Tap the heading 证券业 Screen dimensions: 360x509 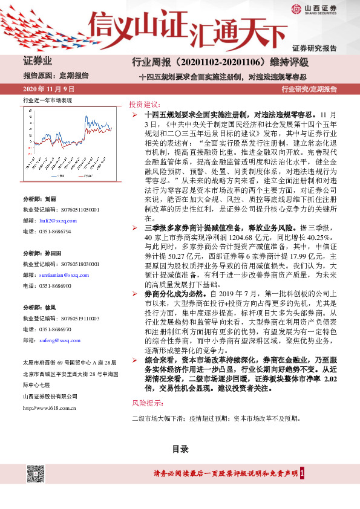[x=38, y=61]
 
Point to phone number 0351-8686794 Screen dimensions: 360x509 [x=55, y=232]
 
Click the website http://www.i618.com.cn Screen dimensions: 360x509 [x=49, y=408]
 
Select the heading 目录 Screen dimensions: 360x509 [x=180, y=449]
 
